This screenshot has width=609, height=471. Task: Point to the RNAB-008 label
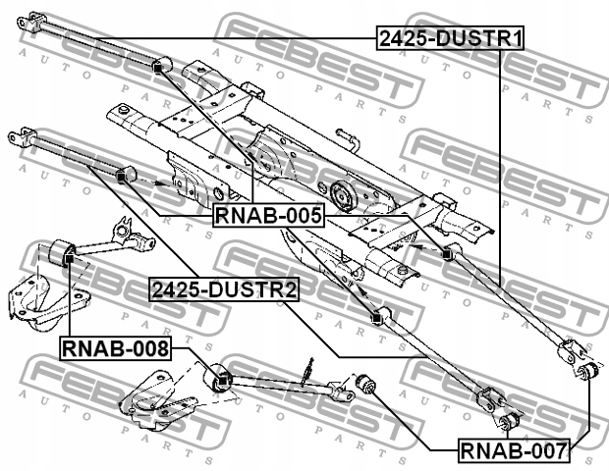tap(116, 347)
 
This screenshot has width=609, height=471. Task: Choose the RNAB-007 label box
tap(513, 452)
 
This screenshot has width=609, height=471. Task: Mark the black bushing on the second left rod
tap(122, 176)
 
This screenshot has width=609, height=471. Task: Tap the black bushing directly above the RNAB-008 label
tap(70, 255)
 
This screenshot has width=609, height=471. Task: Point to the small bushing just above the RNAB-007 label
tap(506, 422)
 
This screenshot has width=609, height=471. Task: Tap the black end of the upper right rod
tap(448, 255)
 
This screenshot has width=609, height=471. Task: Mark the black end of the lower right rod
tap(374, 317)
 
